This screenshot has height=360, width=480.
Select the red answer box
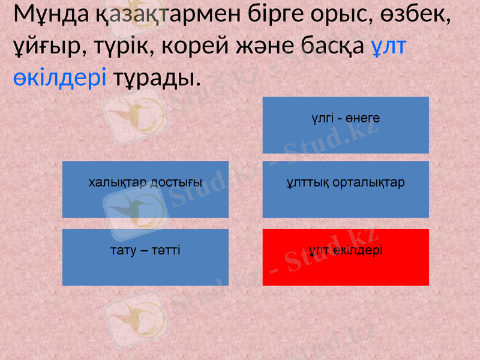pyautogui.click(x=346, y=257)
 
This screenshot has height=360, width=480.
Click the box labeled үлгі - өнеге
pyautogui.click(x=346, y=125)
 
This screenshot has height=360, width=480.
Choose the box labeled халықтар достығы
pyautogui.click(x=145, y=189)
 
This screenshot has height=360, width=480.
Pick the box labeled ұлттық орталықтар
pyautogui.click(x=346, y=189)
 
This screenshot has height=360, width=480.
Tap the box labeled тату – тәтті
pyautogui.click(x=145, y=257)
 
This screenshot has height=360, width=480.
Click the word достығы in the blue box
pyautogui.click(x=176, y=182)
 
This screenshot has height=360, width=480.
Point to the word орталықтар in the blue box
pyautogui.click(x=370, y=182)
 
